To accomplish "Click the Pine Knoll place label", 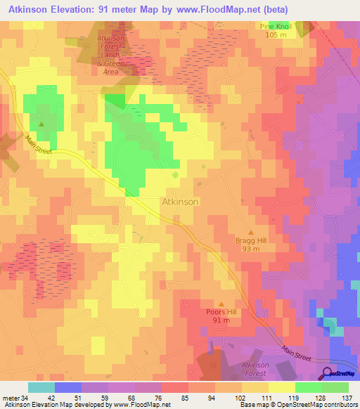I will [x=276, y=26].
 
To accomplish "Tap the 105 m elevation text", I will [x=276, y=34].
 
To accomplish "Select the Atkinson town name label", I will [x=181, y=201].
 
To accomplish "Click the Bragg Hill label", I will [x=250, y=240].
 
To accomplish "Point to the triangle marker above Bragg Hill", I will [x=250, y=231].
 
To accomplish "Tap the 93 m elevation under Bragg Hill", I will [x=250, y=249].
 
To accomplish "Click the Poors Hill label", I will [x=221, y=312].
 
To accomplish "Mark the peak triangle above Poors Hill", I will [x=221, y=303].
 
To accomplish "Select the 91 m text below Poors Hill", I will [x=221, y=320].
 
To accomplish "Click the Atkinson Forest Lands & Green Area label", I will [x=112, y=52].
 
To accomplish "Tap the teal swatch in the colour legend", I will [x=41, y=387].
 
